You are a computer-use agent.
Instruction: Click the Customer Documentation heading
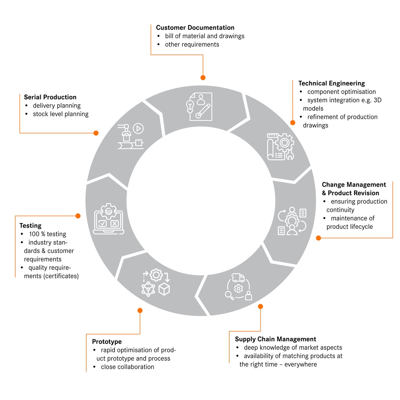point(195,28)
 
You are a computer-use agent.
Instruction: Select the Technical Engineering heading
point(331,83)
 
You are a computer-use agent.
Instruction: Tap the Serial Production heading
point(50,97)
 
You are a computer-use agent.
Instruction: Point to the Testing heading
point(30,226)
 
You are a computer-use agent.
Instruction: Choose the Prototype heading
point(107,342)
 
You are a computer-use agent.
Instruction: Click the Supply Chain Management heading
point(275,339)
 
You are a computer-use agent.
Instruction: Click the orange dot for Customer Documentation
point(203,78)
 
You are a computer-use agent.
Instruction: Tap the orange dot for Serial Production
point(96,133)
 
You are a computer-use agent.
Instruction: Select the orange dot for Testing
point(78,216)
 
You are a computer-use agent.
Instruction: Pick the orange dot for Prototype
point(140,310)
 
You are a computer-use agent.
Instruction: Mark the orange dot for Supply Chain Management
point(260,307)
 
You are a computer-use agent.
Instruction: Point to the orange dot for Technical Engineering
point(293,123)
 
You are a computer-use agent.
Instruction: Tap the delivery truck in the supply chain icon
point(238,278)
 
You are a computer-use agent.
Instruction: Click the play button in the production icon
point(138,129)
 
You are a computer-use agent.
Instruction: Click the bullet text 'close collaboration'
point(127,367)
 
